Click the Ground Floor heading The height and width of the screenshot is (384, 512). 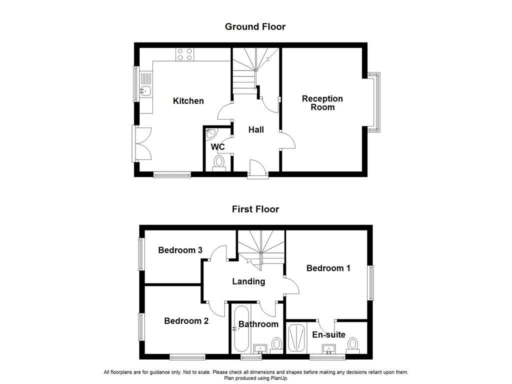[x=255, y=26]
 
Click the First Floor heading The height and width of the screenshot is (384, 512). [x=255, y=209]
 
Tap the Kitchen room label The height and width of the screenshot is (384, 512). [x=188, y=101]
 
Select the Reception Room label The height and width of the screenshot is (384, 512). [x=322, y=103]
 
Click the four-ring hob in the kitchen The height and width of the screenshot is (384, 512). [x=184, y=54]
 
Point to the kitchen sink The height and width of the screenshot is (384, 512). [x=145, y=90]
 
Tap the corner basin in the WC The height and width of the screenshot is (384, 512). [x=210, y=133]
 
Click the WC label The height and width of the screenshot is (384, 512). [x=217, y=147]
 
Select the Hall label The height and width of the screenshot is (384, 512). [x=256, y=129]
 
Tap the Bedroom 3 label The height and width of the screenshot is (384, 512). [x=180, y=250]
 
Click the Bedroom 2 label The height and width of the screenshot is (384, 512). [x=186, y=321]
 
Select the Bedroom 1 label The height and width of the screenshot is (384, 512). [x=328, y=268]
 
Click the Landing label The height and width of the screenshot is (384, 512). [x=248, y=281]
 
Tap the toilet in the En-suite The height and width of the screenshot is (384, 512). [x=353, y=344]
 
